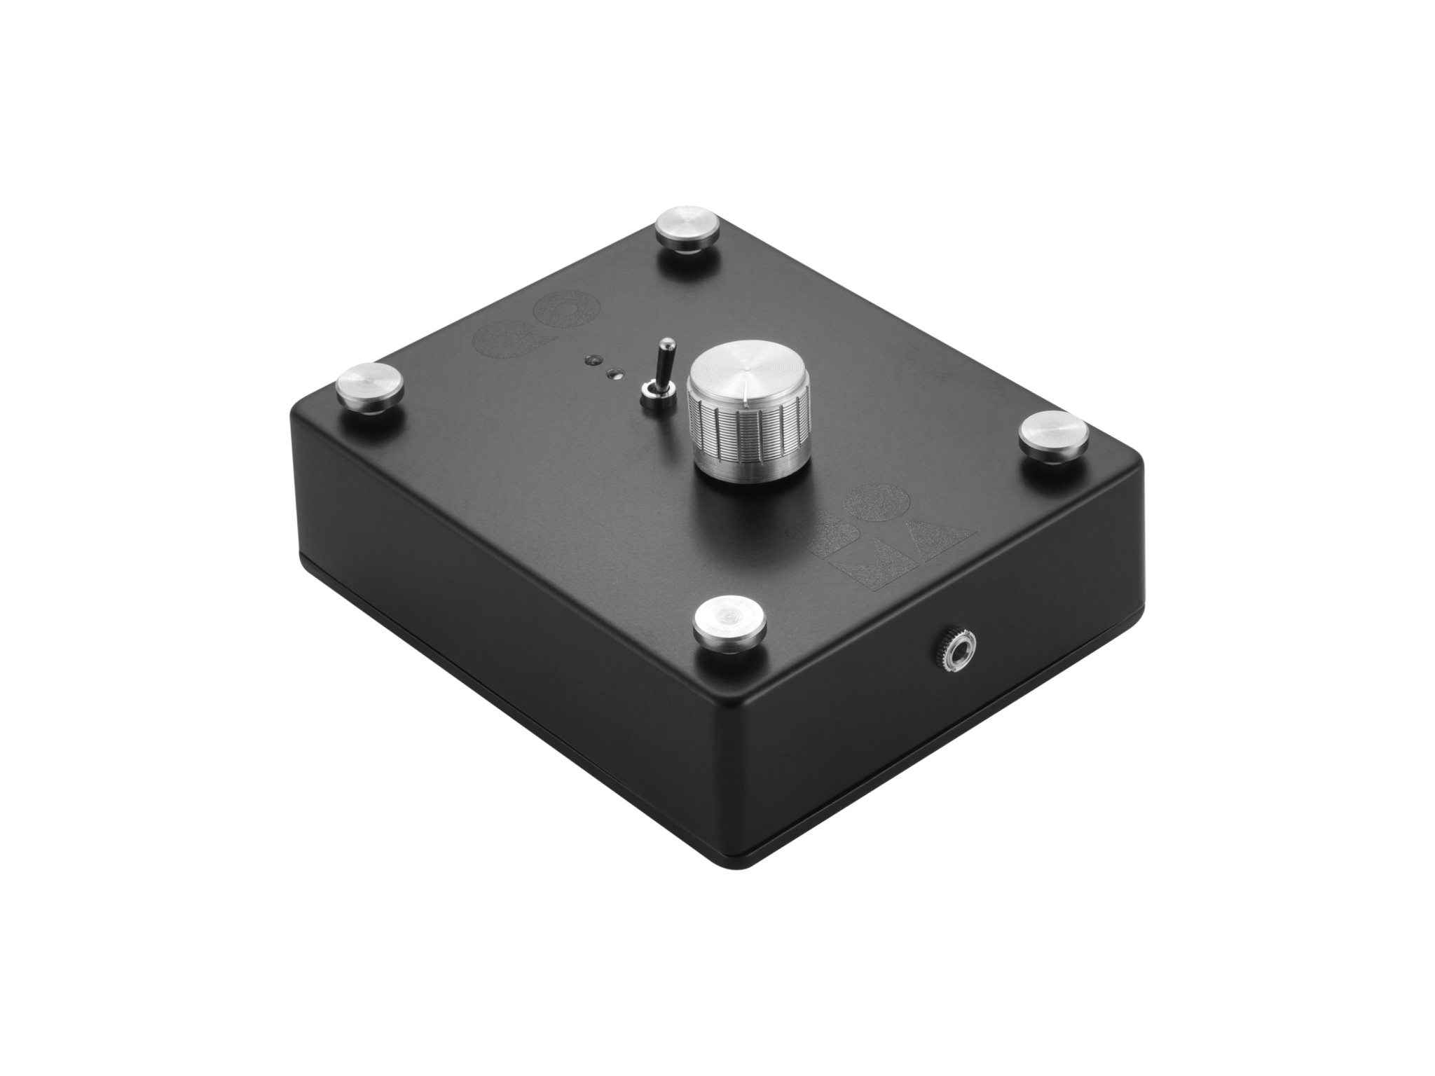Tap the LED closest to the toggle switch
coord(615,373)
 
